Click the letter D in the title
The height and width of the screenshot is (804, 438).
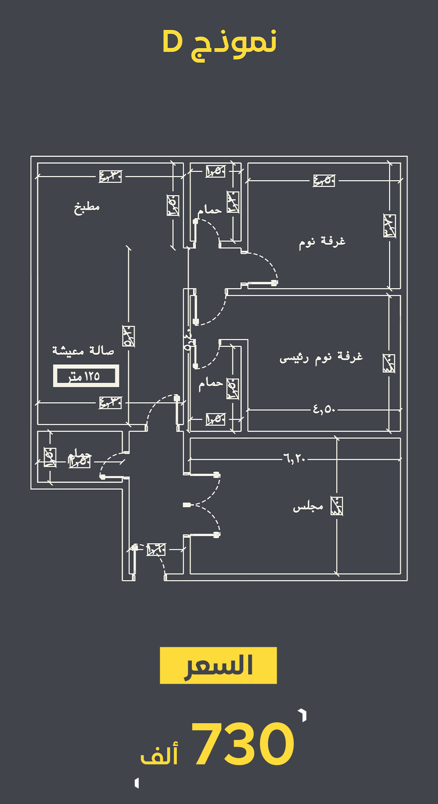coord(173,42)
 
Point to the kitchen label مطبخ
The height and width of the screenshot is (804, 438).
coord(87,207)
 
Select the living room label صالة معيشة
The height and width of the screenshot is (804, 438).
coord(83,350)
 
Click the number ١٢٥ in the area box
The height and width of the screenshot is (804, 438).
coord(92,376)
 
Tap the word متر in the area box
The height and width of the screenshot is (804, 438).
coord(75,377)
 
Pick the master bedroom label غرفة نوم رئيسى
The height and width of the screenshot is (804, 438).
coord(321,357)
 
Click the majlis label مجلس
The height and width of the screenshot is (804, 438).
coord(308,506)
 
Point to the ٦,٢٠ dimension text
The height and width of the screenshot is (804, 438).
coord(295,459)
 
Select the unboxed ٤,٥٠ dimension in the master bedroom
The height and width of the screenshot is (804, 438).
coord(324,409)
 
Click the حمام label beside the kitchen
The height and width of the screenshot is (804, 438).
coord(210,210)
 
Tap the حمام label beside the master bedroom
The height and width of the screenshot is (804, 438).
coord(210,383)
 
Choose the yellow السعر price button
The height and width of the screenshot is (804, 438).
coord(218,665)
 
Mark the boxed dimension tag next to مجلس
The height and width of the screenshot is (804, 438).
coord(337,506)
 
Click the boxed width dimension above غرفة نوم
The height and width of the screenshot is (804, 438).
coord(324,180)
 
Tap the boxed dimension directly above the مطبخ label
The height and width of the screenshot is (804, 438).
coord(110,176)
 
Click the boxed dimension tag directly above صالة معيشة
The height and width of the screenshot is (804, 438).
coord(129,337)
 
